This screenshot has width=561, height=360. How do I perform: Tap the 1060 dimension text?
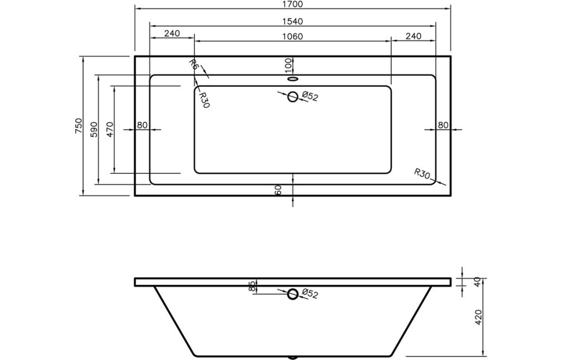click(292, 37)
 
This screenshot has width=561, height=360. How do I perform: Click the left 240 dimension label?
click(172, 34)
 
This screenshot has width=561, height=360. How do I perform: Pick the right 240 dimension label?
click(413, 37)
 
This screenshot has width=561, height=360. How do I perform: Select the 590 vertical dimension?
click(94, 130)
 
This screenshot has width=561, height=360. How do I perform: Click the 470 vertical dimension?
click(110, 130)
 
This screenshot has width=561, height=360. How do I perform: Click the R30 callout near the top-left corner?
click(204, 99)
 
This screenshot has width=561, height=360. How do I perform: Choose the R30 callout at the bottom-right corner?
click(422, 173)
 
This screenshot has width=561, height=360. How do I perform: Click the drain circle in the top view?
click(293, 97)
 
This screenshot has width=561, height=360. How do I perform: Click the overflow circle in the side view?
click(293, 294)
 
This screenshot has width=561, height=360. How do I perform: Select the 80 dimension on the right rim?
click(443, 125)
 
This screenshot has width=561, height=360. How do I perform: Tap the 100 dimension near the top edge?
click(288, 64)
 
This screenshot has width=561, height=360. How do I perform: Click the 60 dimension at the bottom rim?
click(278, 190)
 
